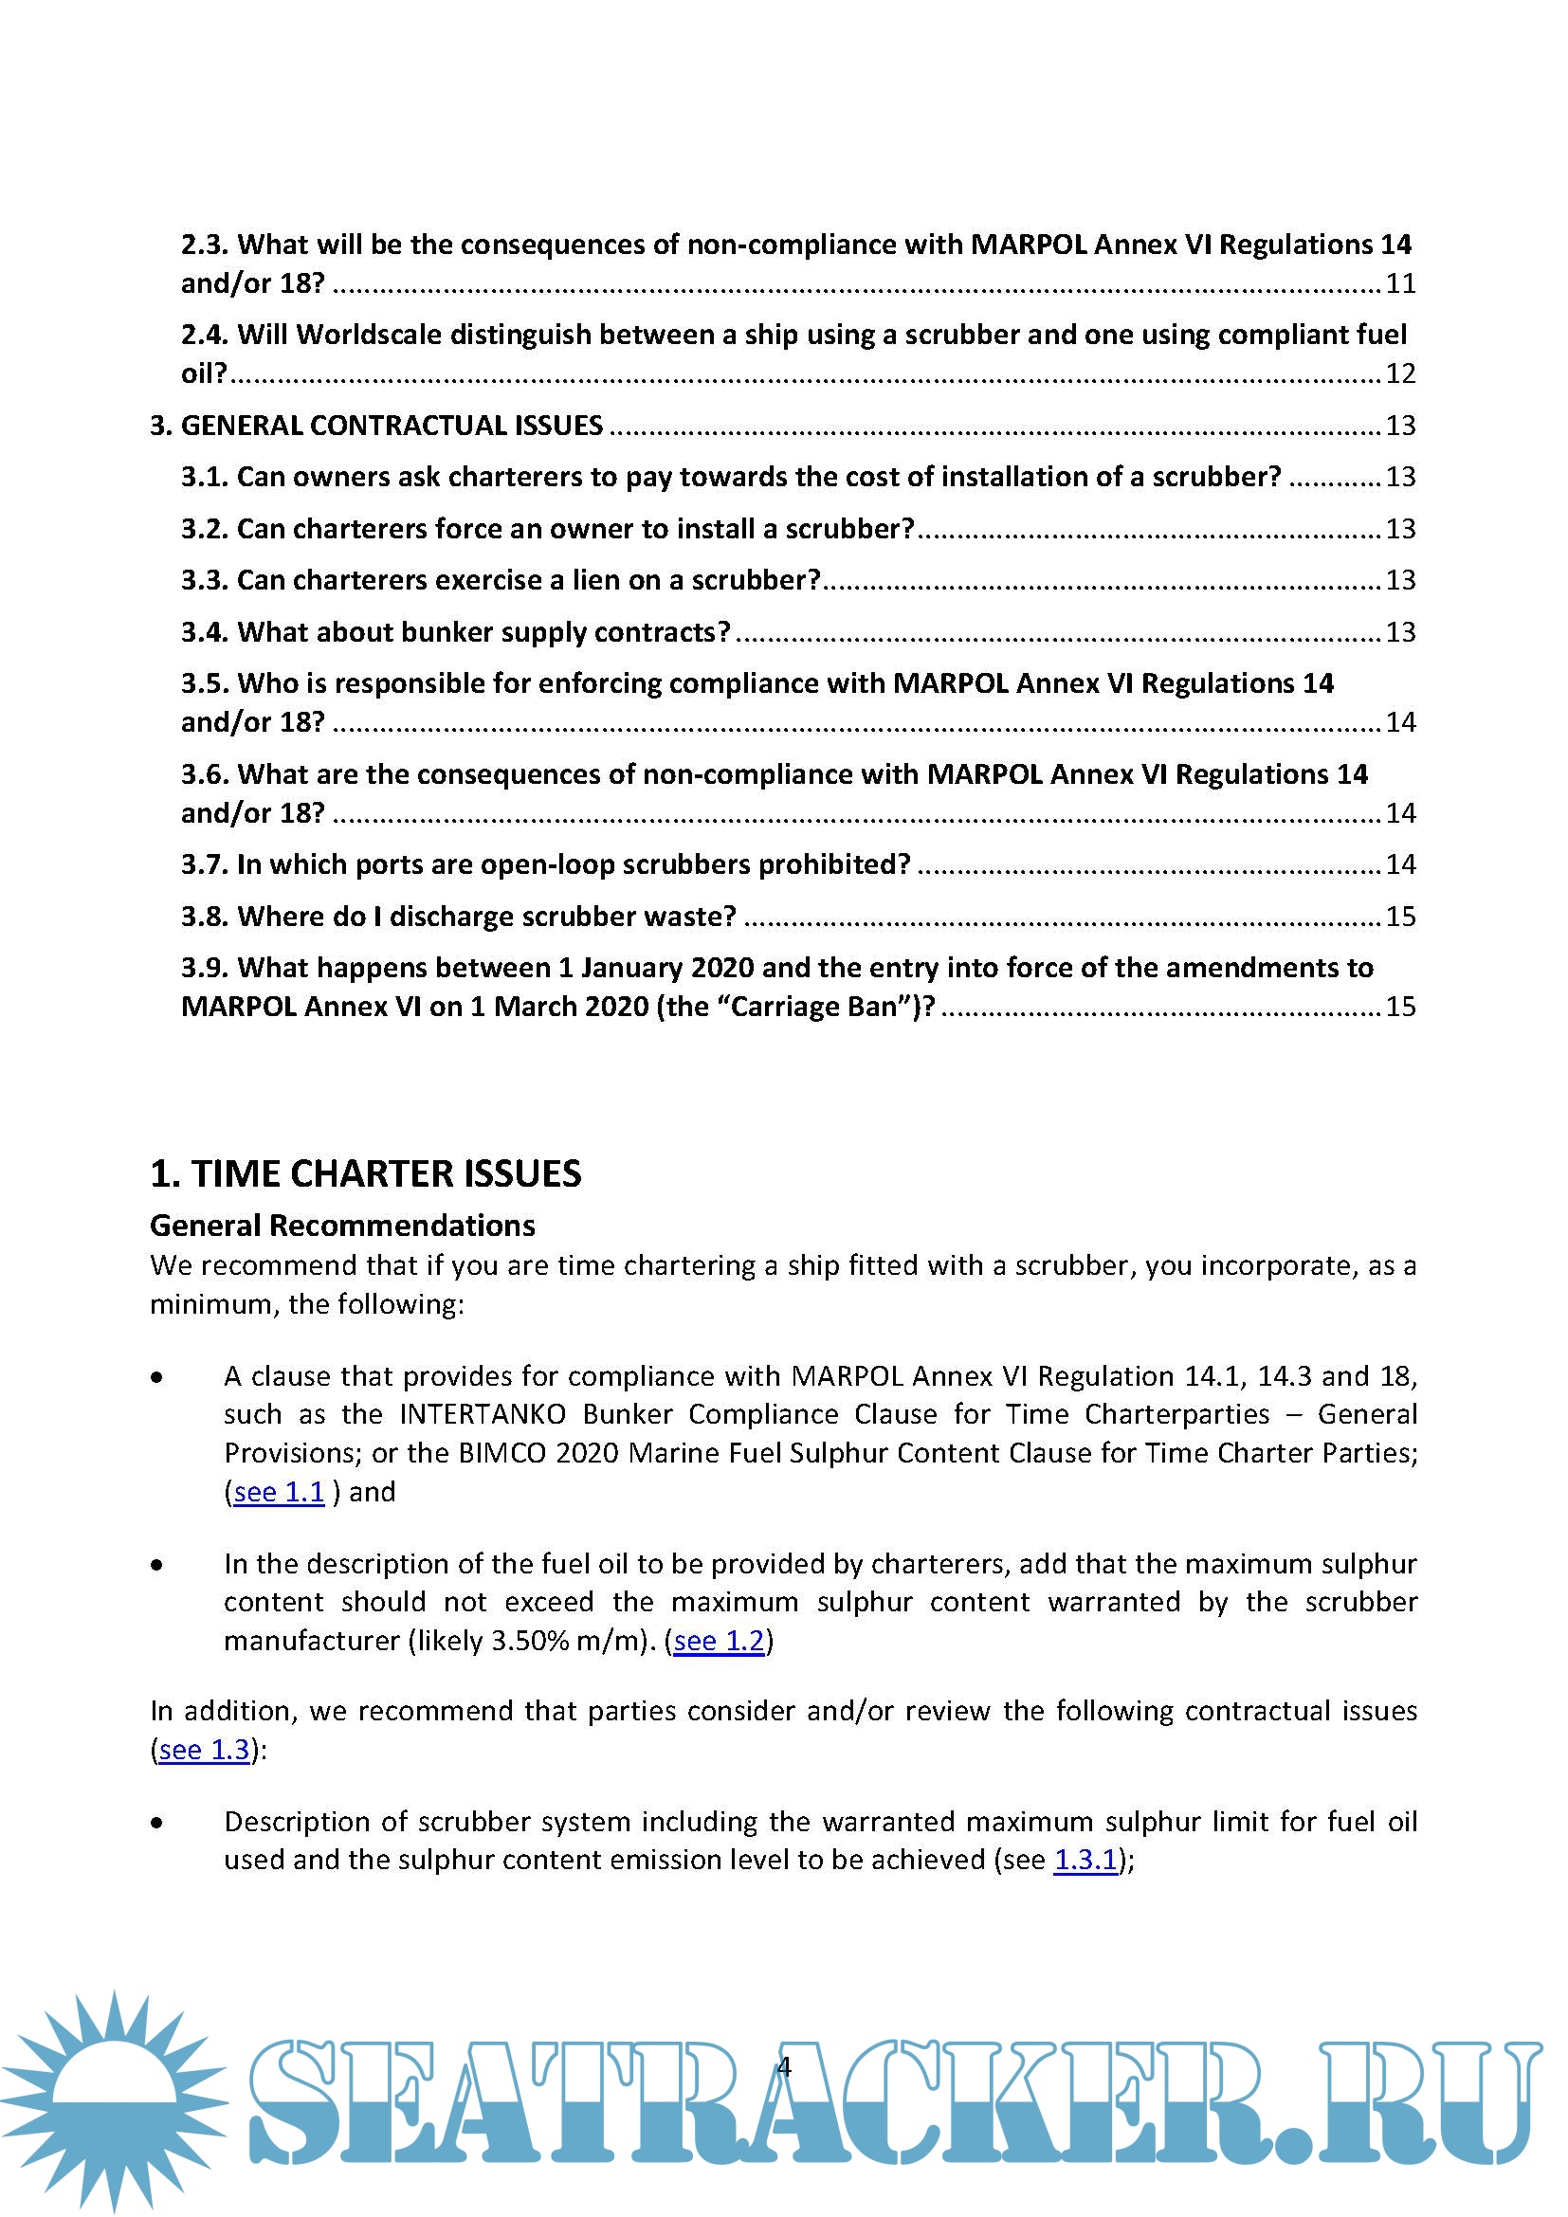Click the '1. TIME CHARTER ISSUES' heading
tap(365, 1173)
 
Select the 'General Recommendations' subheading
tap(342, 1226)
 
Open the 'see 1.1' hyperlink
tap(279, 1492)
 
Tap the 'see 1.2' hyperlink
tap(719, 1641)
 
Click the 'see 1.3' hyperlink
tap(204, 1750)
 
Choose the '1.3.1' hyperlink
tap(1085, 1860)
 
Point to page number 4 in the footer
tap(784, 2066)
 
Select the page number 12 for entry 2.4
tap(1400, 373)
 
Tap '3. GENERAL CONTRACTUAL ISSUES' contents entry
tap(376, 426)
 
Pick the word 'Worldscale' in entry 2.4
tap(370, 335)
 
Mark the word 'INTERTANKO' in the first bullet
tap(482, 1414)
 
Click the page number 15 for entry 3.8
tap(1400, 917)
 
